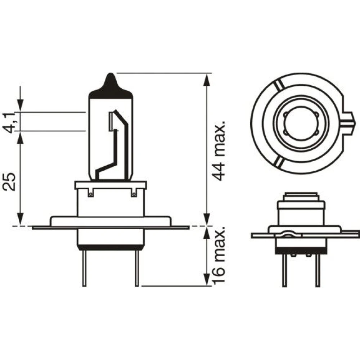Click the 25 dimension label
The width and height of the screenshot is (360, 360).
pos(9,181)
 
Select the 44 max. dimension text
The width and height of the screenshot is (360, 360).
pos(218,150)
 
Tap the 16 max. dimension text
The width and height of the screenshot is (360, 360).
pos(218,255)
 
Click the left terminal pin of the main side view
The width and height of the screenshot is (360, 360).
pos(84,269)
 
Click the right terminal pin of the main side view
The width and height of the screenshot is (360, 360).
pos(137,269)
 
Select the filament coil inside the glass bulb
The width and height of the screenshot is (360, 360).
pos(111,121)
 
